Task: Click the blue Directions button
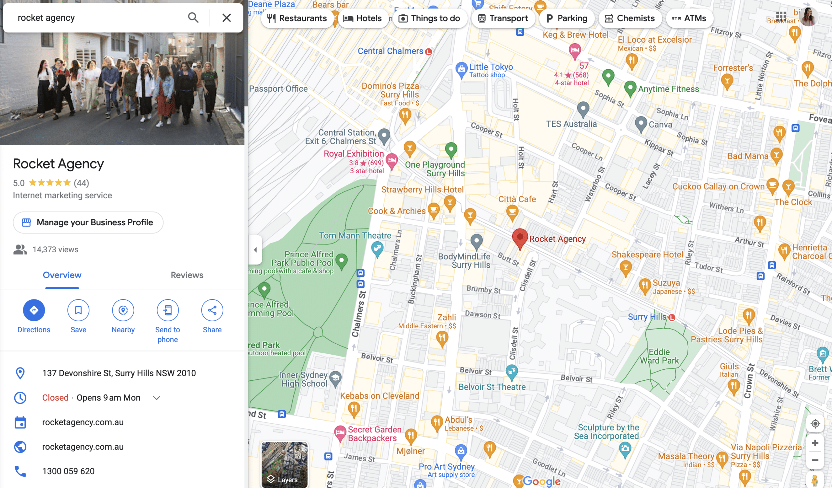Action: click(34, 310)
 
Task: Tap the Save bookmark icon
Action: click(78, 310)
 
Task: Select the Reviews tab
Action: click(187, 275)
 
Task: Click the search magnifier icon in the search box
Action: click(193, 18)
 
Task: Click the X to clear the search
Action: click(227, 18)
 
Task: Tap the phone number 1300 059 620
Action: click(68, 471)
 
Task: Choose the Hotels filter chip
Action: click(362, 18)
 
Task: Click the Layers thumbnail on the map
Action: click(284, 464)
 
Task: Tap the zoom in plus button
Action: click(815, 443)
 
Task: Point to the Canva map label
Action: click(660, 125)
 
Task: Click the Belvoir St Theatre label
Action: click(492, 387)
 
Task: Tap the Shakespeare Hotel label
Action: click(647, 255)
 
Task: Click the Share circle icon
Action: click(212, 310)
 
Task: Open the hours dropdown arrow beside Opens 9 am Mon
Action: click(157, 398)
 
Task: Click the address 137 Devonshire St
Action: click(119, 373)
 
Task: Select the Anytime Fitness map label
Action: click(668, 89)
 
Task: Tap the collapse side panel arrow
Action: click(255, 250)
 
